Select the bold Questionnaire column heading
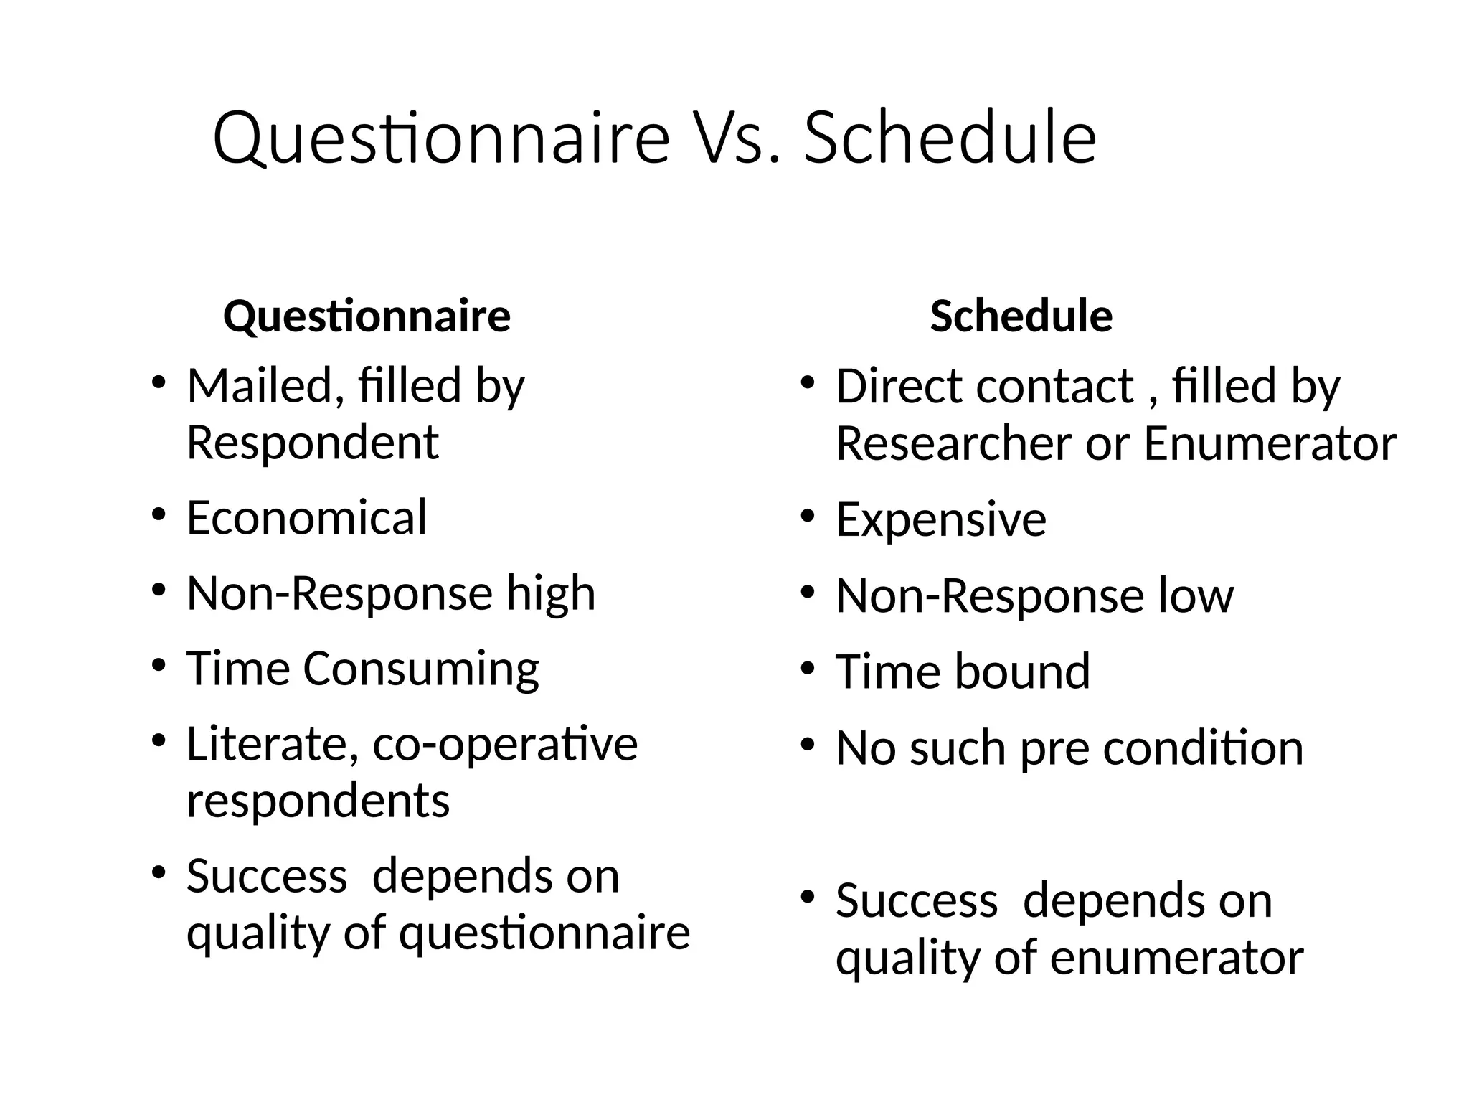367,316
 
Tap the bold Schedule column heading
1021,316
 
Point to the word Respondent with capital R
312,443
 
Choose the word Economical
306,518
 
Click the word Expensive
940,519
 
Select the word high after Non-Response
551,594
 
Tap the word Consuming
421,669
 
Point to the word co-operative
505,745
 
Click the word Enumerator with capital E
1270,443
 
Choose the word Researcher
953,443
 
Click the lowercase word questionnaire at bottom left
544,933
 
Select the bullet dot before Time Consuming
159,666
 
